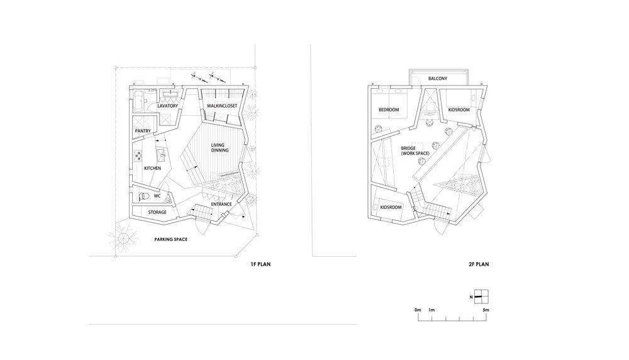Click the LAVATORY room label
pos(168,106)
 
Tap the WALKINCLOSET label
pos(222,106)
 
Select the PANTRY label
pos(143,132)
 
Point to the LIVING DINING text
pos(220,148)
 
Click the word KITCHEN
pos(152,168)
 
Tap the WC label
pos(157,196)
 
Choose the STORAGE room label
pos(157,212)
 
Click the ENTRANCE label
pos(221,205)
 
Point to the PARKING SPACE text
pos(171,240)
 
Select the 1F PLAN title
pos(260,264)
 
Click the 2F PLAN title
pos(479,264)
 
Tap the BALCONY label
pos(438,79)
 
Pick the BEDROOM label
pos(389,110)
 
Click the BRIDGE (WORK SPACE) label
pos(415,151)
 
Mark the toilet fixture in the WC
pos(143,196)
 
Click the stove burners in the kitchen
pos(138,155)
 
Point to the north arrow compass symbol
pos(481,296)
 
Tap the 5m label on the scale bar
pos(486,310)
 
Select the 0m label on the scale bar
pos(418,310)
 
